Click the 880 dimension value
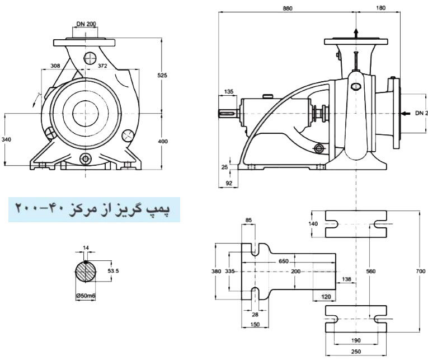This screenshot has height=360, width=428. click(x=288, y=8)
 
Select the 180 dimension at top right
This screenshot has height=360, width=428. click(x=381, y=8)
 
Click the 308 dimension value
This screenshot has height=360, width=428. click(x=55, y=66)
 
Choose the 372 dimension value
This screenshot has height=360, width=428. click(x=102, y=66)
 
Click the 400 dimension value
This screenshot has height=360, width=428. click(x=163, y=142)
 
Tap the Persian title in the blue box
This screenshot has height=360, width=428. click(x=93, y=209)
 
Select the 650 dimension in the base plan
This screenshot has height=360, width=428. click(x=284, y=261)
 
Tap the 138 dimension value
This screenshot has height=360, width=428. click(x=346, y=279)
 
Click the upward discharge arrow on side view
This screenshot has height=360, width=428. click(x=356, y=31)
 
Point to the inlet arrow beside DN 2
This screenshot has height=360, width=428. click(x=405, y=113)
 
